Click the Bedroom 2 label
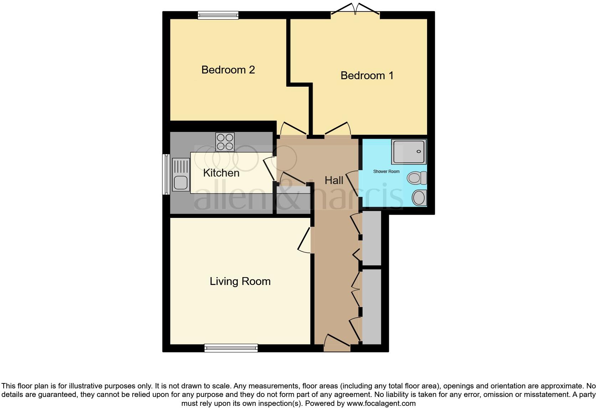(x=228, y=70)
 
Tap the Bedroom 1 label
(x=367, y=76)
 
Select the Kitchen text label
(x=221, y=173)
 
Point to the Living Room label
(x=240, y=281)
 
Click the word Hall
(x=334, y=180)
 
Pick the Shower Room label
(x=386, y=172)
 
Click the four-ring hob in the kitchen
(x=225, y=142)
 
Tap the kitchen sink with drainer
(x=181, y=175)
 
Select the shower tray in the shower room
(x=409, y=152)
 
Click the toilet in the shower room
(x=417, y=178)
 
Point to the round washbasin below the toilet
(x=419, y=197)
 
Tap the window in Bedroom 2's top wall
(x=218, y=15)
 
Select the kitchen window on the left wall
(x=166, y=174)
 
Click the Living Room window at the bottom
(x=231, y=348)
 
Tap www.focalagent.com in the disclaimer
(x=381, y=404)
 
